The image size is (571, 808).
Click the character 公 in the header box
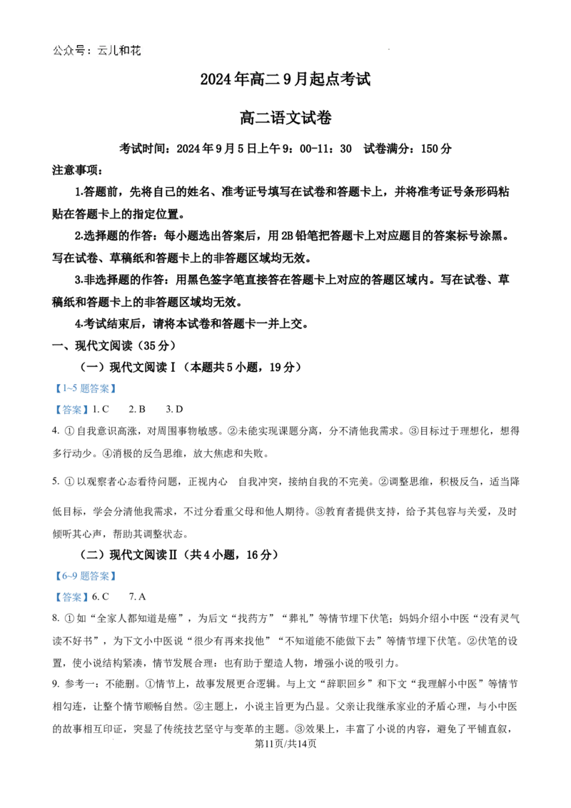click(59, 51)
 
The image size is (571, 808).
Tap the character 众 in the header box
click(69, 51)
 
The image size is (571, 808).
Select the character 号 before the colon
click(80, 51)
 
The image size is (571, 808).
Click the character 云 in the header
click(103, 51)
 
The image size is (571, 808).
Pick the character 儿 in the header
click(113, 51)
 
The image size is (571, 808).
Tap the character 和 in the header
click(125, 51)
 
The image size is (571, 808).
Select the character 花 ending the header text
click(136, 51)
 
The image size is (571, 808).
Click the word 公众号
click(69, 51)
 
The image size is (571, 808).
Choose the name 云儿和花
click(119, 51)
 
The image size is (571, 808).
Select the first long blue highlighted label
click(86, 388)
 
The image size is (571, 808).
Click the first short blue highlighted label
click(71, 409)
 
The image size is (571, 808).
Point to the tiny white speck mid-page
click(205, 454)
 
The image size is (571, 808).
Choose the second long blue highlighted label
click(86, 577)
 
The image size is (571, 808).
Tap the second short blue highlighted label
click(71, 597)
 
